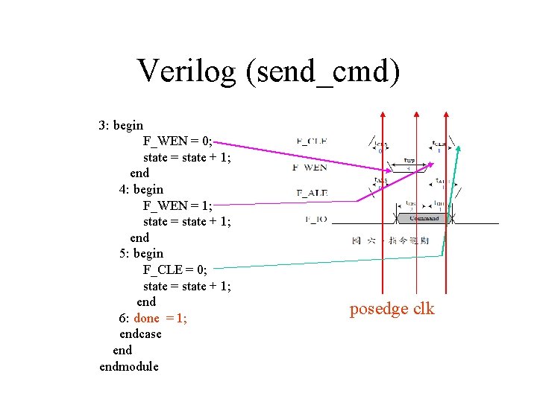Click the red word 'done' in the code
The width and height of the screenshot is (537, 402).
(147, 319)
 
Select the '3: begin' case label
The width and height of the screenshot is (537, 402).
(121, 125)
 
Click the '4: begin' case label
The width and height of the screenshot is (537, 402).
(141, 189)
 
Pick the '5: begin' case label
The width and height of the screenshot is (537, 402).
(141, 253)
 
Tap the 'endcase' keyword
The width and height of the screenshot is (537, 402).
(140, 334)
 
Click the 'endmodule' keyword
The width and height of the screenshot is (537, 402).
(129, 366)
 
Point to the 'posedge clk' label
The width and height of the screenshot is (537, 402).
(392, 309)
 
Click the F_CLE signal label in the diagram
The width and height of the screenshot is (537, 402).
(312, 141)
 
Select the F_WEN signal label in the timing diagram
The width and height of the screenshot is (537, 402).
(310, 167)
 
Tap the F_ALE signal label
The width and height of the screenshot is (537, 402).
(312, 194)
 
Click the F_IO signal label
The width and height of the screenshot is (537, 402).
(315, 220)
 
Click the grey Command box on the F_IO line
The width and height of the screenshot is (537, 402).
(424, 219)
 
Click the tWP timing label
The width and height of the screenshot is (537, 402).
(409, 160)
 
